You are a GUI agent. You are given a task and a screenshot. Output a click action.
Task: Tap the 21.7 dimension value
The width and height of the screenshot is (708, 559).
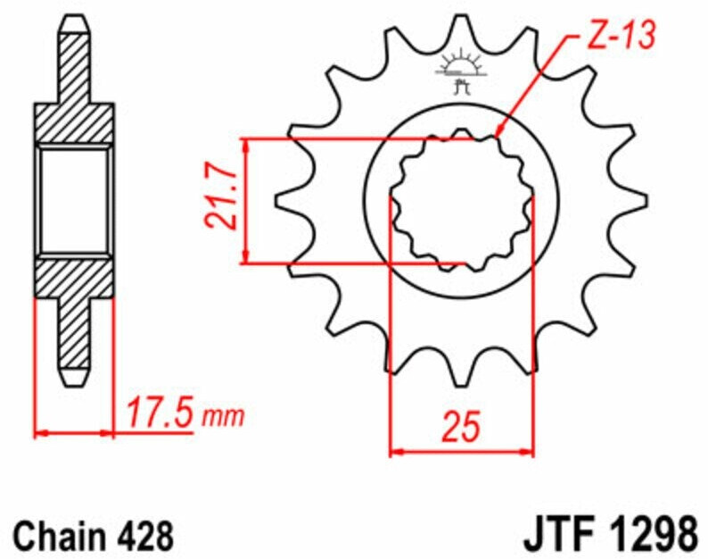(221, 199)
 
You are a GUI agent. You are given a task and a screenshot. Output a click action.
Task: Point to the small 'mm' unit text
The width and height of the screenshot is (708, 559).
(223, 417)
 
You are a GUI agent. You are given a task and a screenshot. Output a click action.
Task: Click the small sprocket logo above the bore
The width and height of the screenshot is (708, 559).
(461, 71)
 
